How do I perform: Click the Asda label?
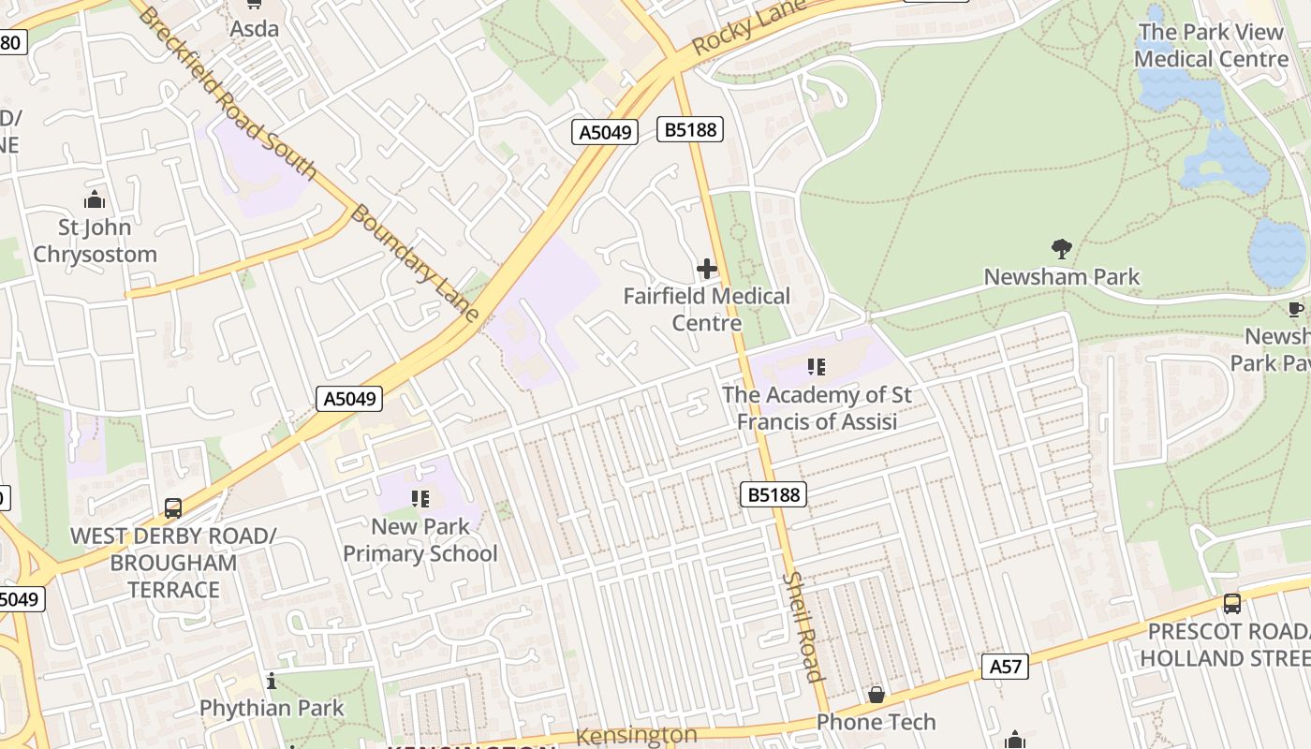[x=255, y=29]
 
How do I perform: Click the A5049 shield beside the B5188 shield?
[x=605, y=132]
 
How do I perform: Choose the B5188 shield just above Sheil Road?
[x=773, y=494]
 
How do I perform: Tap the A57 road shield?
[x=1006, y=667]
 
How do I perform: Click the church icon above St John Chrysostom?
[x=95, y=199]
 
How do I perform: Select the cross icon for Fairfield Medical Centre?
[x=707, y=270]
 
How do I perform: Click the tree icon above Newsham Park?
[x=1061, y=249]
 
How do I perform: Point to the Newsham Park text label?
[x=1062, y=277]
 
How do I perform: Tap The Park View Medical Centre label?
[x=1211, y=45]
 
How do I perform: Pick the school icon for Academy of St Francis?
[x=816, y=367]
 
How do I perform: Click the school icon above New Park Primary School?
[x=420, y=499]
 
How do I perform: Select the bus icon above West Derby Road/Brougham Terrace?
[x=173, y=508]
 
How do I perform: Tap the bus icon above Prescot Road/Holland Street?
[x=1232, y=604]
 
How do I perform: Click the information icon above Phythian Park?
[x=272, y=681]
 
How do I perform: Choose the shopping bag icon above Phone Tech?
[x=876, y=695]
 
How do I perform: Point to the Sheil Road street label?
[x=803, y=626]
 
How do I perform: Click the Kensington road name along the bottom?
[x=636, y=736]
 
